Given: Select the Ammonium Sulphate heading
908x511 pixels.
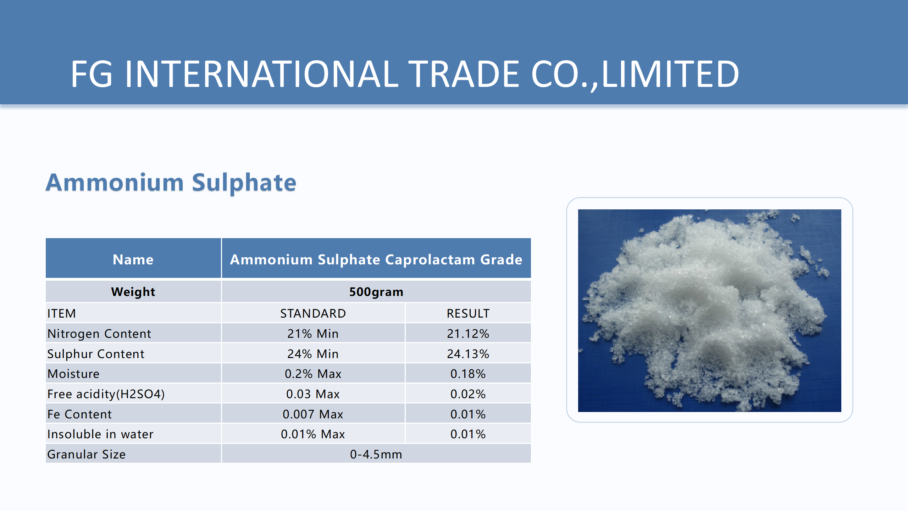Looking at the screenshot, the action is pos(171,183).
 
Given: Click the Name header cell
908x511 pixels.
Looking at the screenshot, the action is pos(133,259).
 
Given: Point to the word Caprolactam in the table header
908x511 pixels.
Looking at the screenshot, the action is pos(430,259).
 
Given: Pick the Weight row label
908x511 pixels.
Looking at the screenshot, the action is pos(133,292).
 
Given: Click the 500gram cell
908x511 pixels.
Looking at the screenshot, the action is pos(376,292).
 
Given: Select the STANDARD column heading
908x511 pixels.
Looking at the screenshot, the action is pos(313,313).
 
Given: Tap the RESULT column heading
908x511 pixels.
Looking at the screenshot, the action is pos(468,313).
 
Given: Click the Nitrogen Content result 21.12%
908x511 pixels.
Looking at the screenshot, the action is pos(468,334).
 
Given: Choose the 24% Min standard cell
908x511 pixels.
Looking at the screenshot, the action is pos(313,354).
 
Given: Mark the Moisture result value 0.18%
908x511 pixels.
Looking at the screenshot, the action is pos(468,374).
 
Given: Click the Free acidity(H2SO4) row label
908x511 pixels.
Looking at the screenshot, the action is pos(106,394).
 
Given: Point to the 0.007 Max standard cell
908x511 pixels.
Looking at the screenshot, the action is pos(313,414).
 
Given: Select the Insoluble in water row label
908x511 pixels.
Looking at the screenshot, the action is pos(100,434).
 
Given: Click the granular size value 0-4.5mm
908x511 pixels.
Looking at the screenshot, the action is pos(376,454).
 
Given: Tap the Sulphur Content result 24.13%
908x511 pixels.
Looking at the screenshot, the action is pos(468,354).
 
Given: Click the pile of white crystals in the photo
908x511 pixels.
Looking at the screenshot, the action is pos(706,312).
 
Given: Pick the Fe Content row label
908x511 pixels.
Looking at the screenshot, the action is pos(79,414).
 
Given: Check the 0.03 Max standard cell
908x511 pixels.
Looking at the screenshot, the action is pos(313,394).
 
